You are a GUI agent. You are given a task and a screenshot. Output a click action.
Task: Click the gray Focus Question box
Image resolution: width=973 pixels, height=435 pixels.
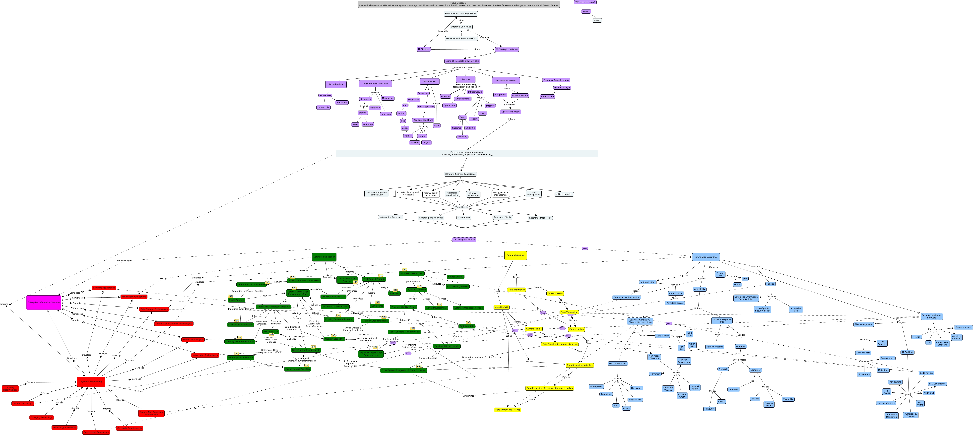pyautogui.click(x=458, y=4)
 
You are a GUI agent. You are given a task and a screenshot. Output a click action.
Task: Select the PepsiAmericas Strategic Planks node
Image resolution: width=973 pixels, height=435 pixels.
pyautogui.click(x=460, y=14)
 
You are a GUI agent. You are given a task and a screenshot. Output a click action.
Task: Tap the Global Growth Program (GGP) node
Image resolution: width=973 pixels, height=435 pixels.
pyautogui.click(x=461, y=39)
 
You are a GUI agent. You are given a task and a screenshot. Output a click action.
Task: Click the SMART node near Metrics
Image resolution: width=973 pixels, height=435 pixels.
pyautogui.click(x=597, y=20)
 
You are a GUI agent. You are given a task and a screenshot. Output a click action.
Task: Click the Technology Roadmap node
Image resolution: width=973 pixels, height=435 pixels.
pyautogui.click(x=464, y=239)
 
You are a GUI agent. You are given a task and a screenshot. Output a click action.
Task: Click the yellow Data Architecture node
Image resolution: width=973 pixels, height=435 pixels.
pyautogui.click(x=515, y=255)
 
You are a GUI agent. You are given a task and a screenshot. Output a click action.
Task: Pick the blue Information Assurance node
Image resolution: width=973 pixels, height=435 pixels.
pyautogui.click(x=706, y=257)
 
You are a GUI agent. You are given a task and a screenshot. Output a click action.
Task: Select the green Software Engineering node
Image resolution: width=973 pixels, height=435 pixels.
pyautogui.click(x=324, y=257)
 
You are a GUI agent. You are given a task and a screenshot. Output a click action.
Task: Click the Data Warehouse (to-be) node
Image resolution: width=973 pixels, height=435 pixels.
pyautogui.click(x=507, y=410)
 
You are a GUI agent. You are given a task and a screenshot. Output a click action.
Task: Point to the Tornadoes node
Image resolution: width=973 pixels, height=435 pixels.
pyautogui.click(x=606, y=394)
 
